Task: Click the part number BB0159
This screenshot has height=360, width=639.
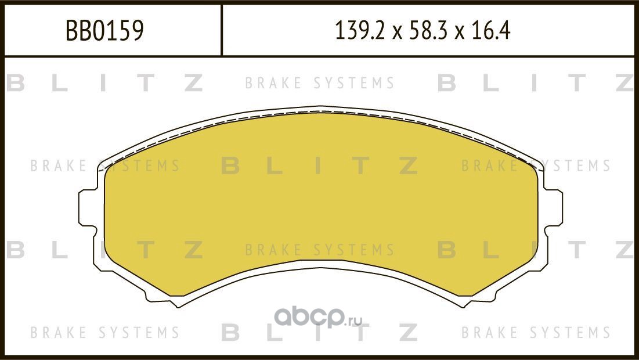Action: pos(104,31)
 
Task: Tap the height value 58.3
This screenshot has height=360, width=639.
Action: pos(425,31)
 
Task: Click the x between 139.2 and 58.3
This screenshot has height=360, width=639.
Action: pos(396,33)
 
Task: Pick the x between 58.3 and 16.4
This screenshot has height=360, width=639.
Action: pos(461,33)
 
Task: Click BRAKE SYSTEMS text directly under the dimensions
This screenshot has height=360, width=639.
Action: pos(320,84)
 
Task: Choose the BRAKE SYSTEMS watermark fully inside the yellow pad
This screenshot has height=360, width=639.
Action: pos(320,250)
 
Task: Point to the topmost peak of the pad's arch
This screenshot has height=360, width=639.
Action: pos(320,107)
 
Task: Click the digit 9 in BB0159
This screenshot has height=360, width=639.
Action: pos(137,31)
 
